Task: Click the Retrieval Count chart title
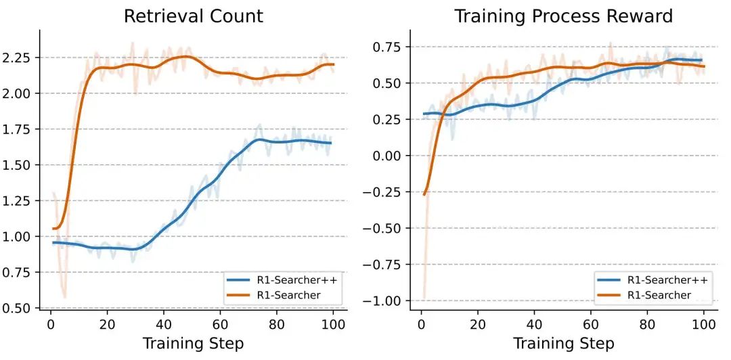click(193, 16)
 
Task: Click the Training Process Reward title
click(563, 16)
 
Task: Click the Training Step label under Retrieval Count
click(193, 343)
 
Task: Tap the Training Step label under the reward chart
click(563, 343)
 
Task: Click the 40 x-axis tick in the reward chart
click(534, 324)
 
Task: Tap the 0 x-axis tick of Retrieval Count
click(51, 324)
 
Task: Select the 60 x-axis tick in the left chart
click(219, 324)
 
